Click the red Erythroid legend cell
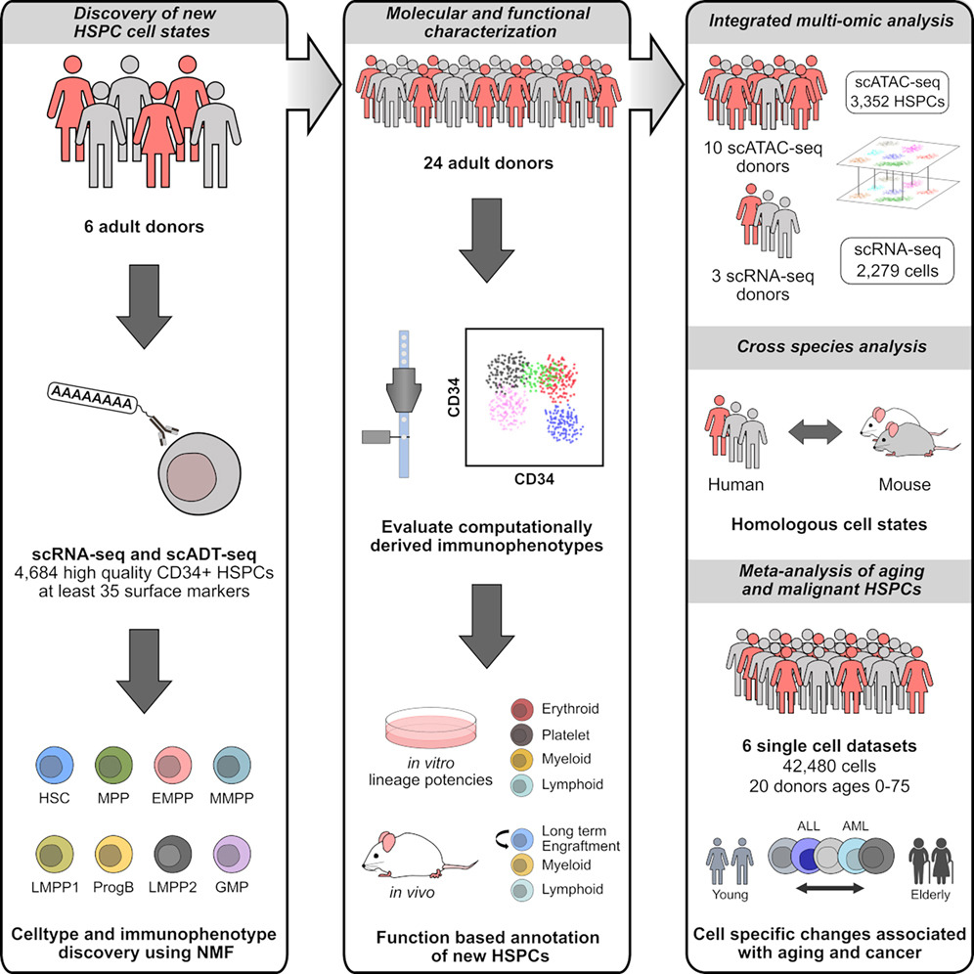[525, 709]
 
